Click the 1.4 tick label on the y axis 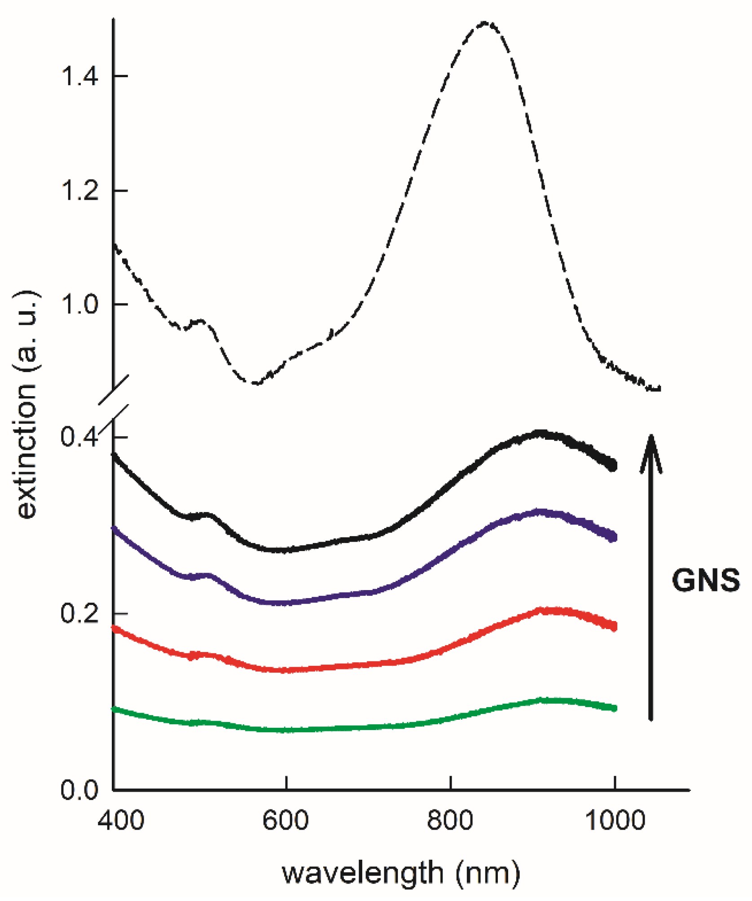(79, 76)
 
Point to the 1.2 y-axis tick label (79, 190)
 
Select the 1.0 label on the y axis (79, 304)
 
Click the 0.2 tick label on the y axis (79, 613)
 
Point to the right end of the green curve (615, 708)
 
